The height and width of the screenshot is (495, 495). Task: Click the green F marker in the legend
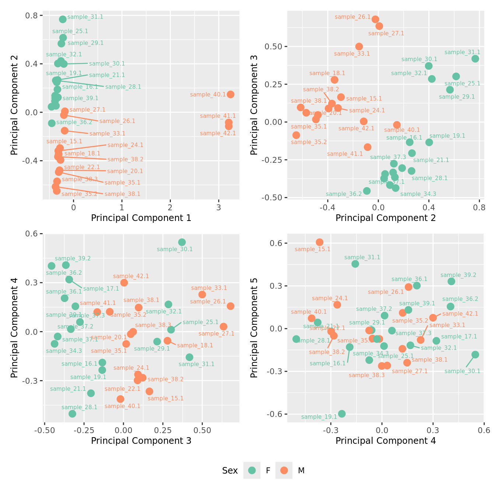[x=252, y=470]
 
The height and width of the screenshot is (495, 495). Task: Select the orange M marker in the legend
[x=284, y=470]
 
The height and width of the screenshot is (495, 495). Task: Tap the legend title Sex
[x=230, y=470]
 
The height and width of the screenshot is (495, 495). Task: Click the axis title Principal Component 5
[x=254, y=327]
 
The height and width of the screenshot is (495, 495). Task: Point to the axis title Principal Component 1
[x=141, y=218]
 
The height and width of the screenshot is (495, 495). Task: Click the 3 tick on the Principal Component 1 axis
[x=219, y=207]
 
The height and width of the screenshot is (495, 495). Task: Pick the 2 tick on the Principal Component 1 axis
[x=171, y=207]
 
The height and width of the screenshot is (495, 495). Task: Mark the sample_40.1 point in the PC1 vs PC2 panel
[x=231, y=94]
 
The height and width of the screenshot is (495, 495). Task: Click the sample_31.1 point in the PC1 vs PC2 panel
[x=63, y=19]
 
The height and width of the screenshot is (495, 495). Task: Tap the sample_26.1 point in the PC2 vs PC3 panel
[x=375, y=19]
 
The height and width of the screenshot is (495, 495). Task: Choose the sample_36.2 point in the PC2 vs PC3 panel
[x=367, y=191]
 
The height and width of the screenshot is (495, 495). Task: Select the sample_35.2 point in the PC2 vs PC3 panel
[x=296, y=135]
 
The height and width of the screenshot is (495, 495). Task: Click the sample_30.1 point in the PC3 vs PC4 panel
[x=182, y=242]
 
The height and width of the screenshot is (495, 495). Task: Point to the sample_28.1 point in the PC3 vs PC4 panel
[x=72, y=414]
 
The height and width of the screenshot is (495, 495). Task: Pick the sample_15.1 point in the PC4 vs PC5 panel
[x=320, y=242]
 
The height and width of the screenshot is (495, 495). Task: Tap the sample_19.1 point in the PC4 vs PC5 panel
[x=342, y=414]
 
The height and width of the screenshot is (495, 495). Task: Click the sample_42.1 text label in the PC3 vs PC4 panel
[x=131, y=276]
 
